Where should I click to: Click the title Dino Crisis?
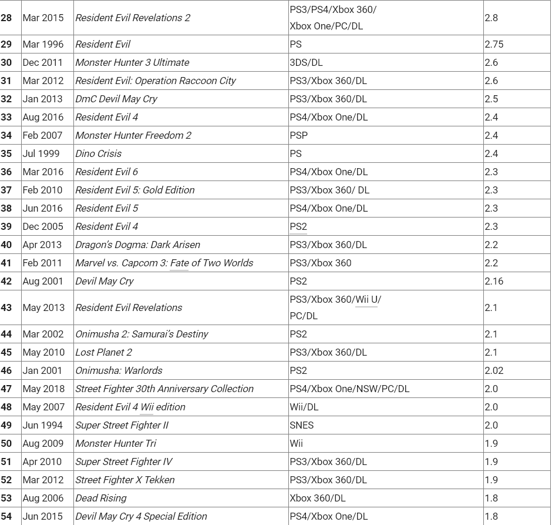[99, 153]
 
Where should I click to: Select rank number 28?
[6, 18]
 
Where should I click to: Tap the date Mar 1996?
[43, 44]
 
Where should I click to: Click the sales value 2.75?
[494, 44]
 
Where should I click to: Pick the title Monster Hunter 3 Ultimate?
[132, 62]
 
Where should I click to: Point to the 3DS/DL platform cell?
[306, 62]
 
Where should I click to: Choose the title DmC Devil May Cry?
[116, 99]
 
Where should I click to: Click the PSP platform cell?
[299, 135]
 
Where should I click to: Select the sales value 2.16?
[494, 281]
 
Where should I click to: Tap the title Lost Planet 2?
[104, 352]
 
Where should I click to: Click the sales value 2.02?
[494, 370]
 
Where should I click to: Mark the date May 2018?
[43, 389]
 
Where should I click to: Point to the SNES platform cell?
[302, 425]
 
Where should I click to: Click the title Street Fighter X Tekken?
[125, 480]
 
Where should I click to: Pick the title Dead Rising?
[101, 498]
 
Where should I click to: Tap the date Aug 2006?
[43, 498]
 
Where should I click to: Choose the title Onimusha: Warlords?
[119, 370]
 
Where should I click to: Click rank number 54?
[6, 516]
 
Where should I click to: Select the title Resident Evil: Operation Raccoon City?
[156, 81]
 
